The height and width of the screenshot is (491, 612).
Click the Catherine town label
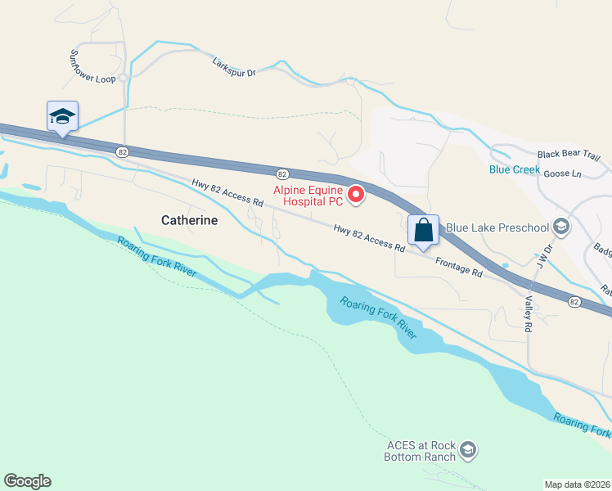[x=189, y=220]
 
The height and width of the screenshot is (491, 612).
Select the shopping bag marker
[x=423, y=230]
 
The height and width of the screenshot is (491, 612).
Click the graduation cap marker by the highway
[x=62, y=116]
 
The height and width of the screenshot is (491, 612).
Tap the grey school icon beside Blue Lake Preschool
[x=560, y=226]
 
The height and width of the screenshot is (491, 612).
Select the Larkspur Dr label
[x=234, y=67]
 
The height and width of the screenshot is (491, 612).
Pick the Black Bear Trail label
[x=569, y=155]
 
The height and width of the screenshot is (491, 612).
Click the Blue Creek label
[x=515, y=169]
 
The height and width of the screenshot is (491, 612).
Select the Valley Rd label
[x=528, y=313]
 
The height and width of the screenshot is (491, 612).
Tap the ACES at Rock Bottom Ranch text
[x=420, y=451]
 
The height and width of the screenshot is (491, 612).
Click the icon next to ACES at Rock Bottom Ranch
[x=468, y=449]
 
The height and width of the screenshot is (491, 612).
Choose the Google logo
[x=27, y=481]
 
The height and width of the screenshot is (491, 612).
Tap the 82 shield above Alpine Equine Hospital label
[x=281, y=173]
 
